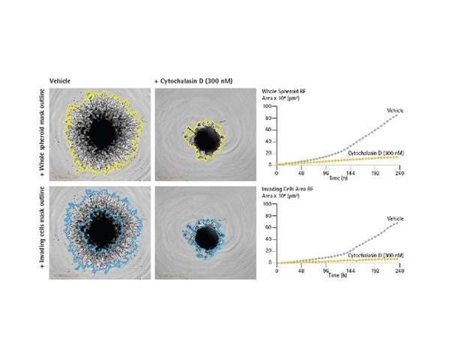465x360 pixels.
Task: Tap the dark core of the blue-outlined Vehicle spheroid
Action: tap(98, 235)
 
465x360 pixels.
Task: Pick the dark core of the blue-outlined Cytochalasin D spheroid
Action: tap(205, 238)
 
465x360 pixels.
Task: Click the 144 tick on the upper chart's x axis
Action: tap(349, 169)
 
